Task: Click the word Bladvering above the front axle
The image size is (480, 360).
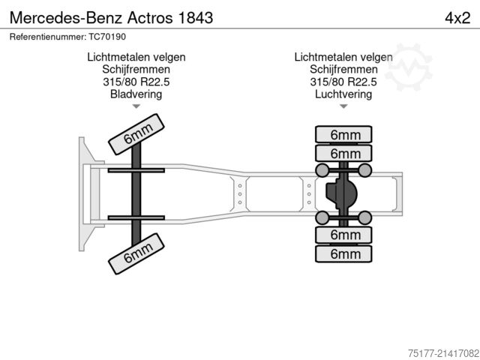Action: pos(136,94)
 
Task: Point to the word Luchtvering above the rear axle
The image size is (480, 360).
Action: pos(343,94)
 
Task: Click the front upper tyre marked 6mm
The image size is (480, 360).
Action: pos(136,136)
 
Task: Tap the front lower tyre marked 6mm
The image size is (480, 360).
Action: pos(136,253)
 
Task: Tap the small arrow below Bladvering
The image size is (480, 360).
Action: pos(136,106)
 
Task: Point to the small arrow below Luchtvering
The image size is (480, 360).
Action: pos(343,106)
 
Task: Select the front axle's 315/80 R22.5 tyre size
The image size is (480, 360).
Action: pos(136,82)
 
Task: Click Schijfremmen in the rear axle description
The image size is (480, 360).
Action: pos(343,69)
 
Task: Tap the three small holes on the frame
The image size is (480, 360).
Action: pos(239,194)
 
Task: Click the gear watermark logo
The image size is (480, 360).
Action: pos(409,61)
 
